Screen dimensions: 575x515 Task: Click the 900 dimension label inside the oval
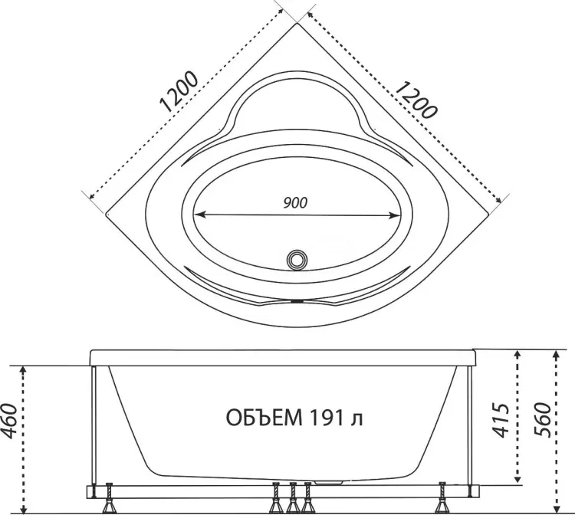(295, 202)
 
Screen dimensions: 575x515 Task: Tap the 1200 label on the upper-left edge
(179, 92)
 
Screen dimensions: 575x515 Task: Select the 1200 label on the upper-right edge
(416, 100)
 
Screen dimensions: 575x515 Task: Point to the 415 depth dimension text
(500, 421)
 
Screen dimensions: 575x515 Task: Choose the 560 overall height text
(542, 420)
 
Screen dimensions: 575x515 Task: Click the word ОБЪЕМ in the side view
(264, 418)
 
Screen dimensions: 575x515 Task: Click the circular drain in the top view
(297, 260)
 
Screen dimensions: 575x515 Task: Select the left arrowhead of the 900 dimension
(199, 215)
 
